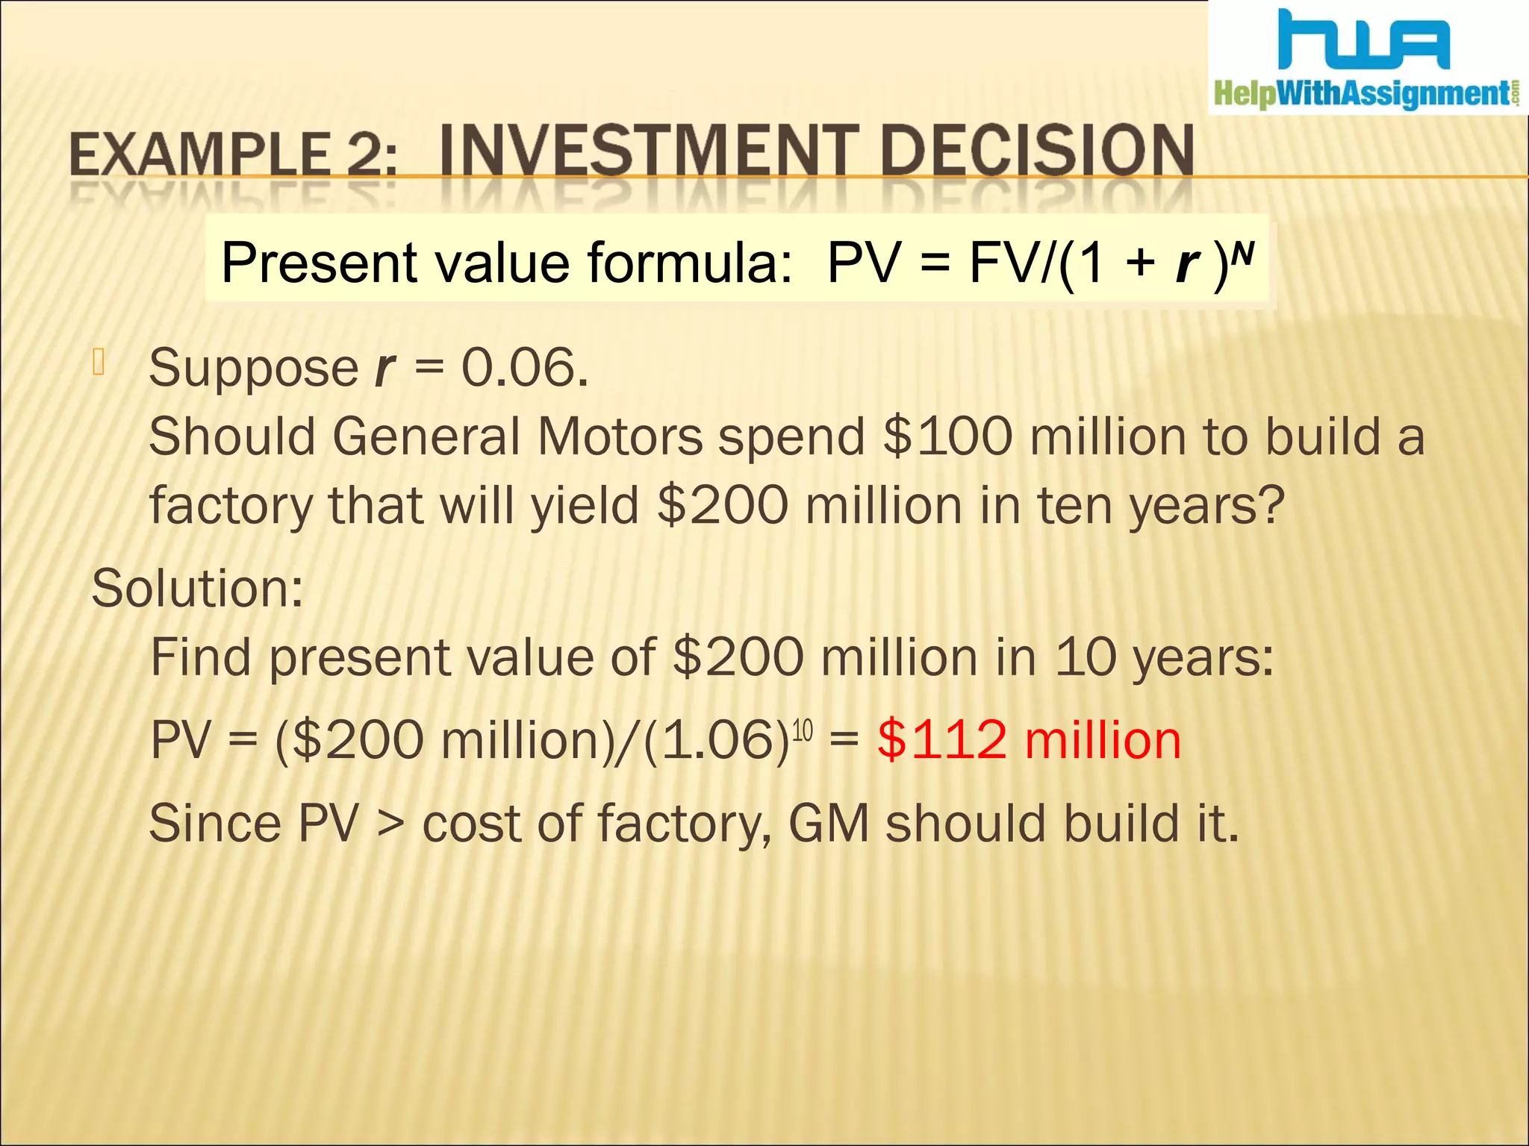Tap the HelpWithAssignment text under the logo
1363,94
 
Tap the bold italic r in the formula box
1186,264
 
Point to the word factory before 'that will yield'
230,507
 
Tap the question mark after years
1270,505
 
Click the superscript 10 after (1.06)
802,730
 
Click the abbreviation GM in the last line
829,824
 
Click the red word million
1103,741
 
